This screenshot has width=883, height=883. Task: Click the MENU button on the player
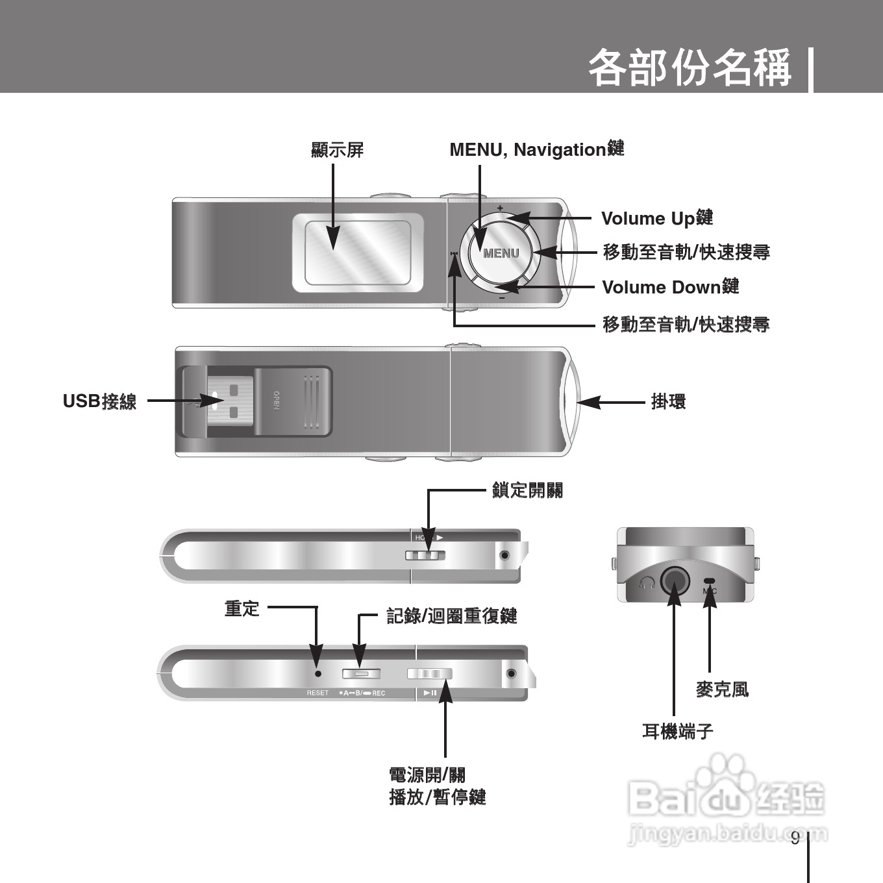[x=501, y=253]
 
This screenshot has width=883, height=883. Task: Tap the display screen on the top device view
[x=358, y=253]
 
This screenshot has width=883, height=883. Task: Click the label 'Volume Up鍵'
[x=657, y=218]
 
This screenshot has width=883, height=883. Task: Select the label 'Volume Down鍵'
[x=670, y=287]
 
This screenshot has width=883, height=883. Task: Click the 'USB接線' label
[x=99, y=402]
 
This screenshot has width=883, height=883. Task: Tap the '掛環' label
[x=668, y=402]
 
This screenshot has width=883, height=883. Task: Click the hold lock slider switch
[x=425, y=555]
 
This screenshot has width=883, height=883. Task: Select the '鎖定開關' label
[x=527, y=490]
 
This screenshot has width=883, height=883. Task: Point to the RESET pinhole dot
[x=317, y=674]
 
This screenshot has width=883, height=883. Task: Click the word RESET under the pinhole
[x=317, y=693]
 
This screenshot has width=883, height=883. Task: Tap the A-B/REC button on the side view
[x=361, y=674]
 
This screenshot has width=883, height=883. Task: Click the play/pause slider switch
[x=430, y=674]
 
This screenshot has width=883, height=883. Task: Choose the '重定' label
[x=242, y=609]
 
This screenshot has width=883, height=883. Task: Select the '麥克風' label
[x=722, y=690]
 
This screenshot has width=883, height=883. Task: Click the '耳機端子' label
[x=678, y=732]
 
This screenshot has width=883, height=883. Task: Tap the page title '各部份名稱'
[x=690, y=68]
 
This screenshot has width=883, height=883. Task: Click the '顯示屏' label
[x=338, y=150]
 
